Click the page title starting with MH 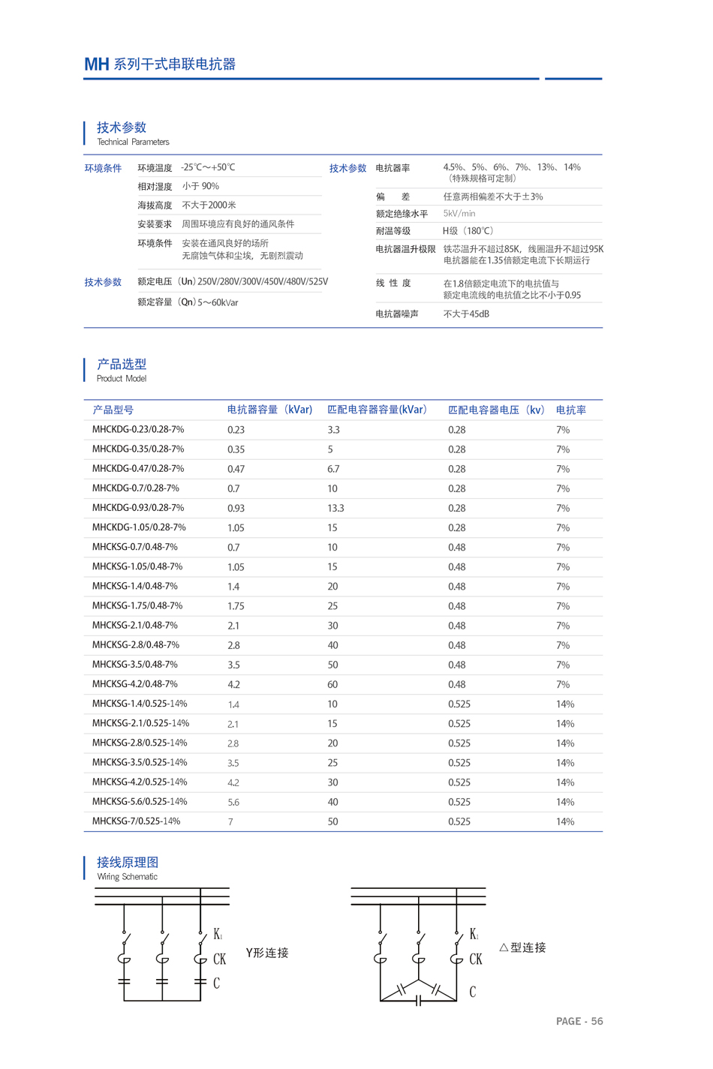[160, 65]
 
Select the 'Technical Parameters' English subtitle [133, 142]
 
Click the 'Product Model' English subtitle [122, 379]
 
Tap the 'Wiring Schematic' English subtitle [127, 876]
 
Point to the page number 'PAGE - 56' [579, 1021]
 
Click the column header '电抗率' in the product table [570, 410]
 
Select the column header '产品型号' [113, 410]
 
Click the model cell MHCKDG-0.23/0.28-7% [138, 430]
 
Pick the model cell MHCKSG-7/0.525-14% [136, 821]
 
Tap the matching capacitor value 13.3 [335, 508]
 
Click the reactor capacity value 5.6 [233, 802]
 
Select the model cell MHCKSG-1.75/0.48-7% [137, 605]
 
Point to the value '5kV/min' [459, 214]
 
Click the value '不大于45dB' [466, 314]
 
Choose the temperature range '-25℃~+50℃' [208, 167]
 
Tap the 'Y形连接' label [267, 953]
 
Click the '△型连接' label [522, 947]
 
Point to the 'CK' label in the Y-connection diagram [219, 959]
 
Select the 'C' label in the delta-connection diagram [473, 992]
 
